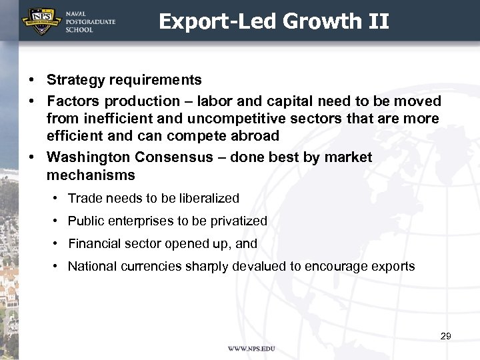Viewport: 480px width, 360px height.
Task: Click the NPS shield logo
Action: (38, 21)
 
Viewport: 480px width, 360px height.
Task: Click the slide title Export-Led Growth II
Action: (273, 21)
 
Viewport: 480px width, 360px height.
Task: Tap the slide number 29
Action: (446, 336)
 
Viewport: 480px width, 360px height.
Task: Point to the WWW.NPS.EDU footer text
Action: (251, 349)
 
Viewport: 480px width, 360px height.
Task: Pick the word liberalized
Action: (205, 198)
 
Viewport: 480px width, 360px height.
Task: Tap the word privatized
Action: (237, 221)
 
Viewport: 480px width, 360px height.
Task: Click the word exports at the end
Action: (393, 266)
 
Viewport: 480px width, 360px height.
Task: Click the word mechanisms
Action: (91, 175)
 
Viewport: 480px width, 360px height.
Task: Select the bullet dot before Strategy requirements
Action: (32, 80)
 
